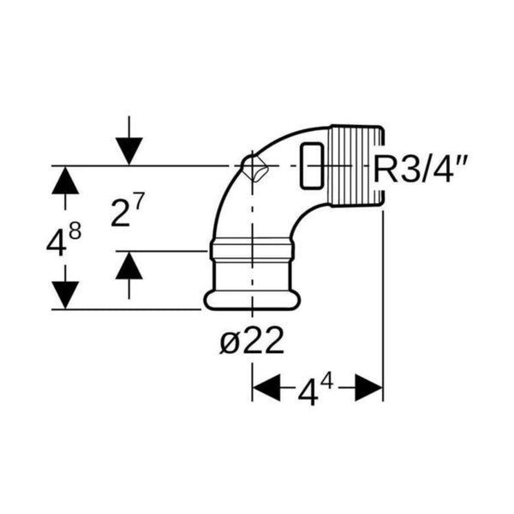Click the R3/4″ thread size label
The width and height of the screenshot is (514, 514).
421,169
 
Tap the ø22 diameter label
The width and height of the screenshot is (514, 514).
252,341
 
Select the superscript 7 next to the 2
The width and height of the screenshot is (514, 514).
138,201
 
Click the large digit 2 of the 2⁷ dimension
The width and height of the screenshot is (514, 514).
120,213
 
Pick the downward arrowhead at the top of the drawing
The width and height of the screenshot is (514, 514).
129,152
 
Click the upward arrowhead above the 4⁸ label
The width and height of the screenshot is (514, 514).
65,180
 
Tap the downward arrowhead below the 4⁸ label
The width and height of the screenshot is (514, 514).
65,295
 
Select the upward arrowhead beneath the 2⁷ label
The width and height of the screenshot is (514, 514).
129,266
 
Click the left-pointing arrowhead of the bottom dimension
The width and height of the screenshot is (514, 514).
266,387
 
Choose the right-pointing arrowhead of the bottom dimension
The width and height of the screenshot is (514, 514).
368,387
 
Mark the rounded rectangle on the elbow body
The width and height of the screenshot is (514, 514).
312,166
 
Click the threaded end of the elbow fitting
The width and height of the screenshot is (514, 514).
356,166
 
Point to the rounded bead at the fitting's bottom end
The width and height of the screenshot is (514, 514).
252,301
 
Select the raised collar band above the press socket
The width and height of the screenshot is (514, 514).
252,250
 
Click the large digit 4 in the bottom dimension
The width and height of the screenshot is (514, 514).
308,392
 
